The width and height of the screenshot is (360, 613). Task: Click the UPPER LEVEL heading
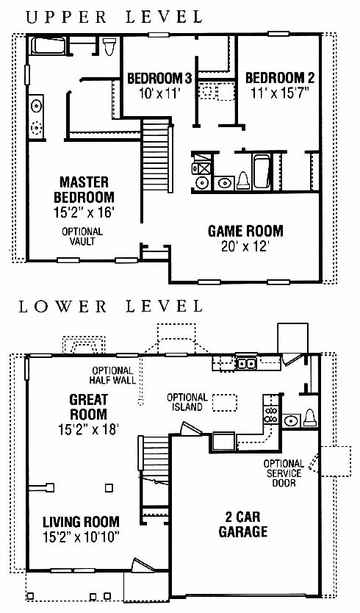coord(114,17)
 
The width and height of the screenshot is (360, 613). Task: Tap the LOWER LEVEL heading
coord(111,306)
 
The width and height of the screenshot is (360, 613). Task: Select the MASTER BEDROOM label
coord(84,190)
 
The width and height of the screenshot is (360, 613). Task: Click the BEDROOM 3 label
coord(159,79)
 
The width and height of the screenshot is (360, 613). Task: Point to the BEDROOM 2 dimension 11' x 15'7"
coord(280,93)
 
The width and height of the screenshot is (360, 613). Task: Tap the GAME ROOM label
coord(245,231)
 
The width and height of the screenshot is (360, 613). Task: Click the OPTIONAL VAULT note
coord(82,237)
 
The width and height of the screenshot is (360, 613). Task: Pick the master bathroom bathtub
coord(48,46)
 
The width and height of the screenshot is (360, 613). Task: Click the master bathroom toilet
coord(109,46)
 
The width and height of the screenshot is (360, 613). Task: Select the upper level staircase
coord(156,155)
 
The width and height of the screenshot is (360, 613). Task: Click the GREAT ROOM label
coord(88,407)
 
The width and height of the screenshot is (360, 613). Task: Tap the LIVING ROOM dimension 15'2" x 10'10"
coord(81,537)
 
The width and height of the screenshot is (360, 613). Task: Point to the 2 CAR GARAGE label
coord(242,524)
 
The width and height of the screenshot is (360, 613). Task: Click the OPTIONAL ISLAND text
coord(187,402)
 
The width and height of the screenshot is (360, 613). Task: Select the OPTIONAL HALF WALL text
coord(112,376)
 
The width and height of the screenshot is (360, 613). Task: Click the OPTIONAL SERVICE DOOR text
coord(284,473)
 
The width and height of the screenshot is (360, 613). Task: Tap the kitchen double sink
coord(246,364)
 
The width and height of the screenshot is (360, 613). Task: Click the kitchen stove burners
coord(271,415)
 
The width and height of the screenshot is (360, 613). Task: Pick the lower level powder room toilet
coord(309,418)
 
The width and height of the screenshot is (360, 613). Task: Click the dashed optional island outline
coord(225,403)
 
